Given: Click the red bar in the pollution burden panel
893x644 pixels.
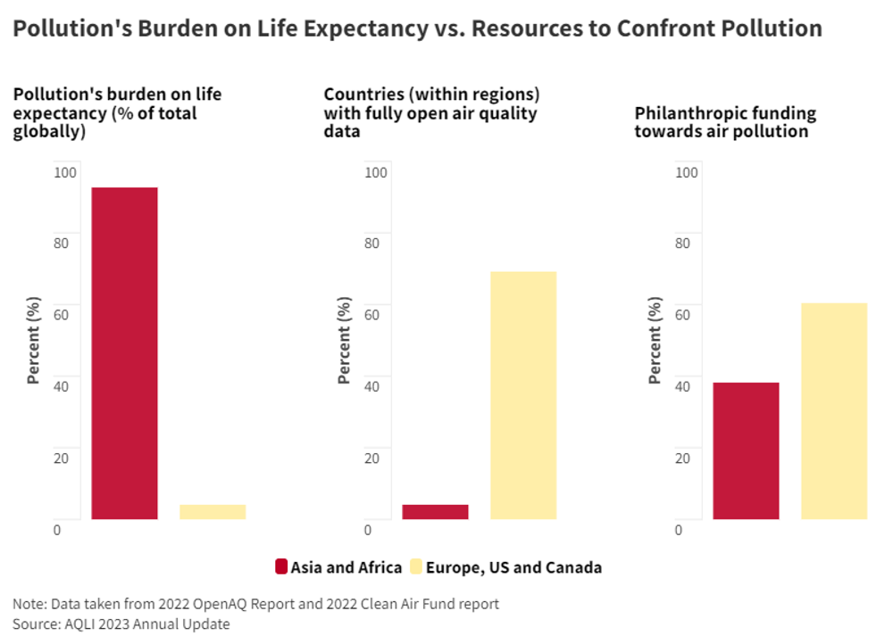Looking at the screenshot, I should (x=124, y=353).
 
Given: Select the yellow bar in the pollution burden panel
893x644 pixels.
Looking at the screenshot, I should (x=213, y=512).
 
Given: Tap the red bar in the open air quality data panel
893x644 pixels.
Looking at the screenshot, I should (x=435, y=512).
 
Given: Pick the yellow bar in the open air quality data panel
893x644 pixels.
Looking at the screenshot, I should (x=523, y=395).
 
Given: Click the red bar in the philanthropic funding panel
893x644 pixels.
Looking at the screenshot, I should (x=746, y=450).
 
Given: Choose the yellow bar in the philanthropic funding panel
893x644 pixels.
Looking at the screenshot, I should (x=834, y=411).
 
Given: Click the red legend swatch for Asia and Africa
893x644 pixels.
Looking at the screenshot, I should (x=282, y=567).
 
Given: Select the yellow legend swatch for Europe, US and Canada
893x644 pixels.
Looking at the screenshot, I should (x=415, y=567).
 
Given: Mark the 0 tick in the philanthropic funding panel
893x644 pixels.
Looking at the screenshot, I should (x=679, y=530).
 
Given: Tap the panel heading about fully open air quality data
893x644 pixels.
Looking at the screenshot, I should (x=431, y=112).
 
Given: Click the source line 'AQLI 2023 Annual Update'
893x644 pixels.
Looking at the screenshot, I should (x=143, y=624).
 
